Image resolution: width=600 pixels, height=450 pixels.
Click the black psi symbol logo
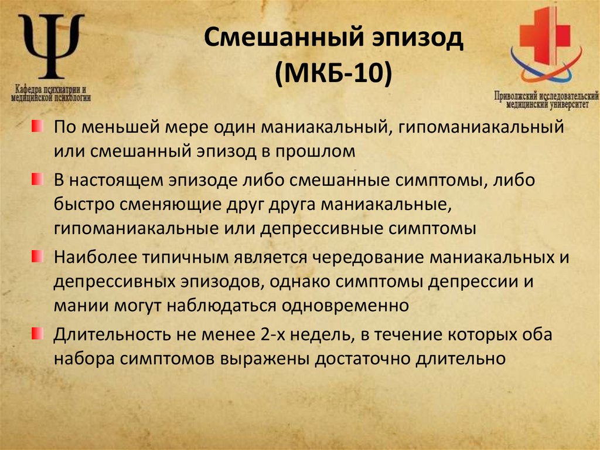pyautogui.click(x=51, y=46)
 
